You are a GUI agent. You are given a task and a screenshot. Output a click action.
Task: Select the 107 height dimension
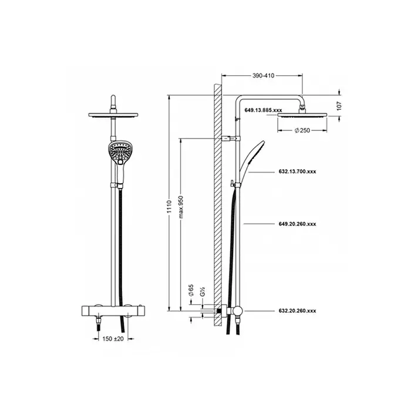point(347,105)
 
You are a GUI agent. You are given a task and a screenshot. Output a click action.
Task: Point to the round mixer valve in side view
point(237,312)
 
